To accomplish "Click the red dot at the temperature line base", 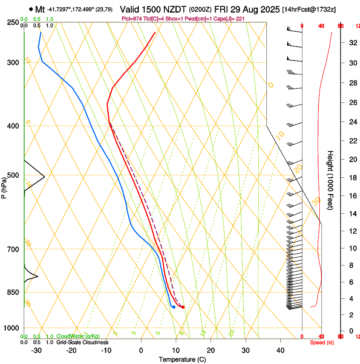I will (x=183, y=307).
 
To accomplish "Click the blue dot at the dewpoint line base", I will (x=174, y=307).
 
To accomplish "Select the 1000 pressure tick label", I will (x=12, y=328).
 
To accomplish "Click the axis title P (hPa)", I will (x=4, y=188).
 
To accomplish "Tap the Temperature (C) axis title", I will (x=182, y=359).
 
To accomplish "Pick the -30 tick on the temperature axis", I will (x=36, y=350).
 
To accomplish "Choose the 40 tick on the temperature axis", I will (x=280, y=350).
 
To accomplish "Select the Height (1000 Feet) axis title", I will (x=331, y=180).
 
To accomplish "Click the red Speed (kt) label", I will (x=322, y=342).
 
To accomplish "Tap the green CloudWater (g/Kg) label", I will (x=77, y=336).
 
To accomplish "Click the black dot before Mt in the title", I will (x=31, y=9).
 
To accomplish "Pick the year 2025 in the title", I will (x=269, y=9).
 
